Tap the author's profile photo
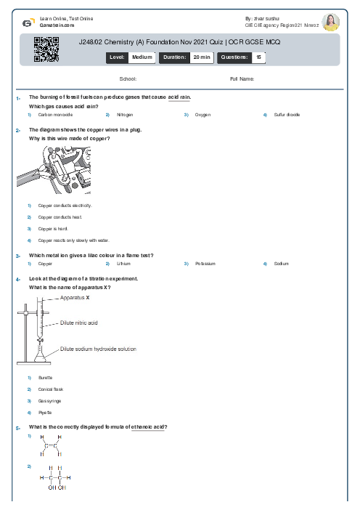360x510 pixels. click(330, 22)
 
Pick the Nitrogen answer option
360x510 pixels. click(124, 115)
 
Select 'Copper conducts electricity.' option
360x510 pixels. click(65, 206)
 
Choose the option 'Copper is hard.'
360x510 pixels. click(54, 228)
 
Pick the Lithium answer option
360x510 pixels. click(123, 264)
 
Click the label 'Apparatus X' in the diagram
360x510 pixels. click(75, 298)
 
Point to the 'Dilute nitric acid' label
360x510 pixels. click(78, 322)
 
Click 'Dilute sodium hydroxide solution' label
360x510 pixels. click(98, 349)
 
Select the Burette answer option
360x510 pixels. click(45, 378)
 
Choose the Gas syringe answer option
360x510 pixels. click(49, 400)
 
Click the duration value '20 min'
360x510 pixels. click(201, 57)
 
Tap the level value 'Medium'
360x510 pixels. click(142, 57)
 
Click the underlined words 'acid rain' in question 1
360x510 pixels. click(179, 97)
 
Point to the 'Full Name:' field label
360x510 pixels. click(242, 78)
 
